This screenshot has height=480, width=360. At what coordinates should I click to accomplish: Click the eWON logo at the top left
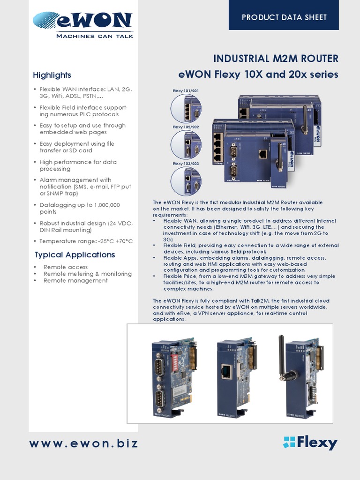click(82, 21)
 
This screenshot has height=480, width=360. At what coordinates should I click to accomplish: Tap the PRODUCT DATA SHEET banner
click(284, 17)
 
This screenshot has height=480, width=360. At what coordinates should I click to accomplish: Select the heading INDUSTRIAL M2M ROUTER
click(276, 59)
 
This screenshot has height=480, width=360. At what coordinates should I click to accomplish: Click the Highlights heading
click(52, 75)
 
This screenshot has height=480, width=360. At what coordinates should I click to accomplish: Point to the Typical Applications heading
click(75, 255)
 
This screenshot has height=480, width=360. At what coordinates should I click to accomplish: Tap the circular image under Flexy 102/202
click(186, 144)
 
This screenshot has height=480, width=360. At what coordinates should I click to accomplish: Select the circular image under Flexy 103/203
click(186, 181)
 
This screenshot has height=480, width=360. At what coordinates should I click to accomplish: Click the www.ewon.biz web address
click(84, 443)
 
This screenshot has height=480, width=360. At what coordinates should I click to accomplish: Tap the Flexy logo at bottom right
click(310, 442)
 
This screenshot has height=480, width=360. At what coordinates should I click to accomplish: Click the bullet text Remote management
click(75, 280)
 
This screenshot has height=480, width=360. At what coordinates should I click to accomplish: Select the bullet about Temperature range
click(86, 241)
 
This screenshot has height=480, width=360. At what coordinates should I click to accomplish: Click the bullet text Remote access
click(65, 267)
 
